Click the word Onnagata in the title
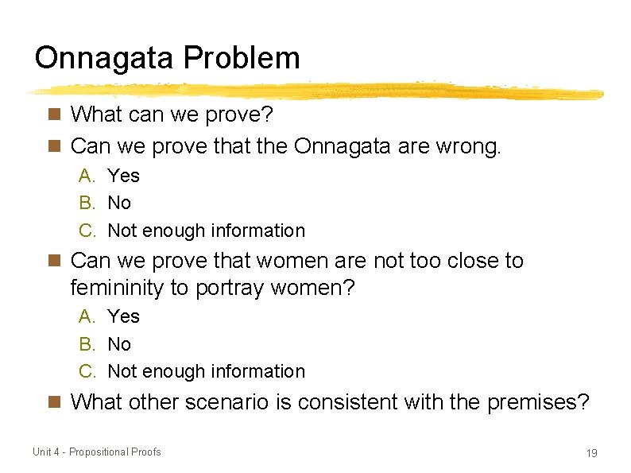106,58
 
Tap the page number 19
591,453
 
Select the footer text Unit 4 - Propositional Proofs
96,452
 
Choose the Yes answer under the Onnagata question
123,176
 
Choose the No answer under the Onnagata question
119,203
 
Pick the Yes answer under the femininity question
123,316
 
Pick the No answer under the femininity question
119,344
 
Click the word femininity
117,288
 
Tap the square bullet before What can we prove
54,115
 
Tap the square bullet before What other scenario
54,402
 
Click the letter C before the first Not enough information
87,231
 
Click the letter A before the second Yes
87,316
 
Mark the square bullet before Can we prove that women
54,261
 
